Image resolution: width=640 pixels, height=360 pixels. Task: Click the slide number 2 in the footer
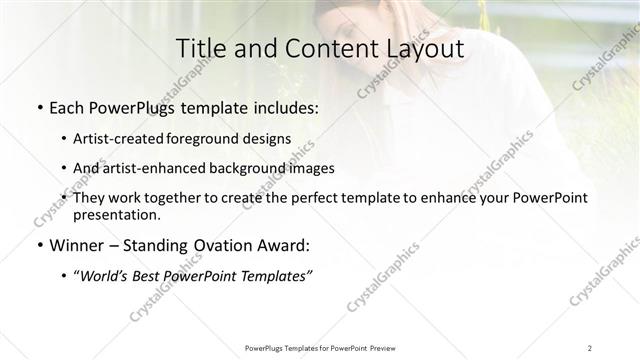(590, 347)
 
